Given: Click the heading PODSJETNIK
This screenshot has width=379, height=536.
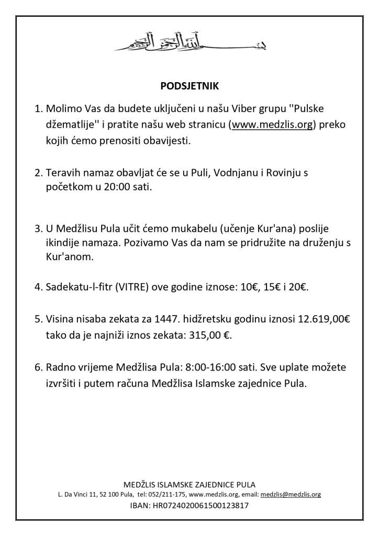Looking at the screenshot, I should tap(189, 84).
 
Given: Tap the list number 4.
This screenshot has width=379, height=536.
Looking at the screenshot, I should tap(37, 287).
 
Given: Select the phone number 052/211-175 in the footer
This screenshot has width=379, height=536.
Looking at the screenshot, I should tap(169, 494).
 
